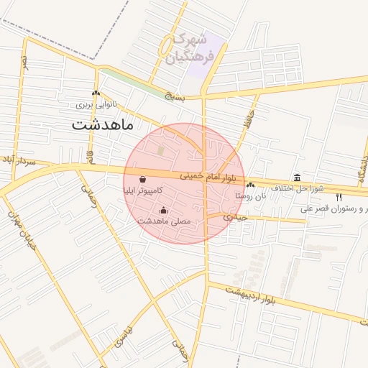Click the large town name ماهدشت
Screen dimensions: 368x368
click(x=103, y=124)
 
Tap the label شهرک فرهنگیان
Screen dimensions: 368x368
click(x=190, y=49)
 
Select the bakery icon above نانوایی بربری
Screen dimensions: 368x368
click(x=95, y=93)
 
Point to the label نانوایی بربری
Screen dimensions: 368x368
click(x=96, y=104)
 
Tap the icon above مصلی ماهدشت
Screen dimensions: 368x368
click(x=164, y=211)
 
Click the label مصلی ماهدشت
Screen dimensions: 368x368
click(x=164, y=221)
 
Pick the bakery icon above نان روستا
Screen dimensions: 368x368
click(x=250, y=185)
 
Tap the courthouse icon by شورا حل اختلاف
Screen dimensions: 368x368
click(x=297, y=178)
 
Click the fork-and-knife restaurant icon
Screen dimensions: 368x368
click(x=339, y=197)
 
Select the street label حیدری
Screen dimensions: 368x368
click(x=234, y=216)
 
